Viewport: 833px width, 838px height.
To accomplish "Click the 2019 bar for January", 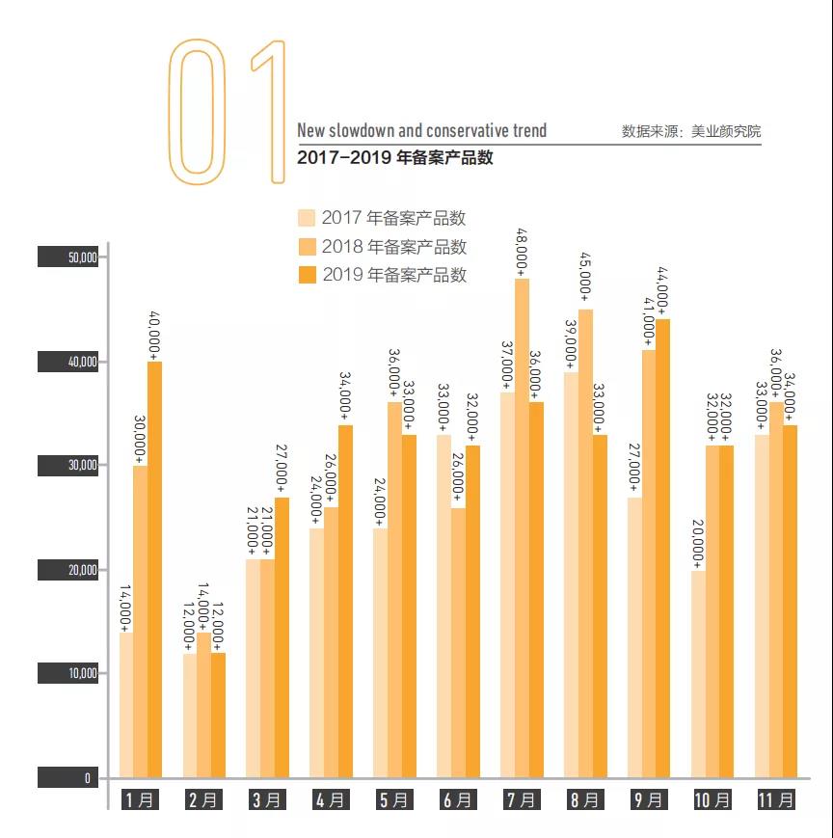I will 154,569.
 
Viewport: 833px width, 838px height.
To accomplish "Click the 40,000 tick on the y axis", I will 67,362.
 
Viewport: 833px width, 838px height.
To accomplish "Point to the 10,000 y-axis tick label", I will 67,673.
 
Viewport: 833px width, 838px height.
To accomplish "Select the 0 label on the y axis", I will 67,777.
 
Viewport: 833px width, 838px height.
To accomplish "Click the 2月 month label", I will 204,799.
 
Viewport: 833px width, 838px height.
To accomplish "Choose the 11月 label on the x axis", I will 775,799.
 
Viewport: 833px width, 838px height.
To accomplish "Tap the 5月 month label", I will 394,799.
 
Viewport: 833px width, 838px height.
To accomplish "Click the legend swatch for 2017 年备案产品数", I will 307,218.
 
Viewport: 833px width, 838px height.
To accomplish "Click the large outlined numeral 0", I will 197,113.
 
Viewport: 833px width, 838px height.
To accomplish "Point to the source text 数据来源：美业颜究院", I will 690,132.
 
